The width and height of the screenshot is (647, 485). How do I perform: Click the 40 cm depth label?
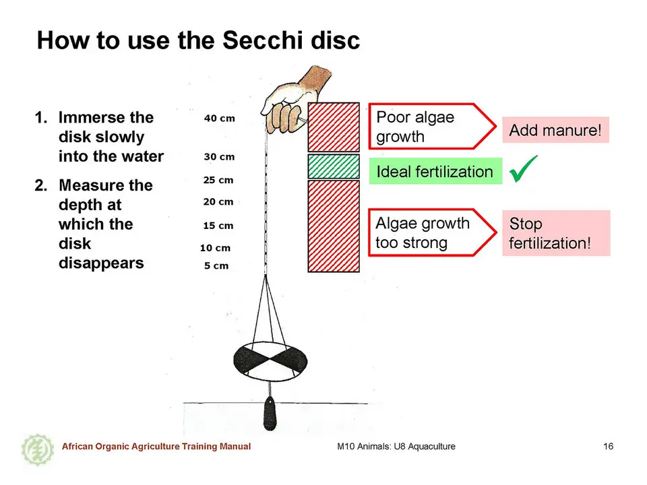(220, 119)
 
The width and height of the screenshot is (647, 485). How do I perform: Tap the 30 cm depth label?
(219, 157)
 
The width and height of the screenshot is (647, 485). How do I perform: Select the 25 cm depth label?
(218, 181)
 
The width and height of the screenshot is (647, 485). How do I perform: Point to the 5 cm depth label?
(216, 265)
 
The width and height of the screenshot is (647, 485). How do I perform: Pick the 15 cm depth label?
(218, 226)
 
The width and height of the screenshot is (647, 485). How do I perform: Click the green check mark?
(524, 168)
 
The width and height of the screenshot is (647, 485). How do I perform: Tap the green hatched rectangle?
(334, 166)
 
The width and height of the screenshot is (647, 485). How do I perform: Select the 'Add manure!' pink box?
(555, 130)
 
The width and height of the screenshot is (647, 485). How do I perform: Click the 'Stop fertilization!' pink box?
(556, 233)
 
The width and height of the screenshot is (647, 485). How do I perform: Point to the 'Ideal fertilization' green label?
(435, 171)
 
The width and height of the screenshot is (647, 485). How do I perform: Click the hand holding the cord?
(295, 101)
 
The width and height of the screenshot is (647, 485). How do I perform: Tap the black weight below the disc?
(270, 414)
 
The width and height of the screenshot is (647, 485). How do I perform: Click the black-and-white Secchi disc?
(270, 361)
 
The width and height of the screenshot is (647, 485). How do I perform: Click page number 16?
(608, 446)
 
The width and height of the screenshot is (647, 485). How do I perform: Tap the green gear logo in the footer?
(38, 450)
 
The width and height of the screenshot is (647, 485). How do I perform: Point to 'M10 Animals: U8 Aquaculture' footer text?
(396, 446)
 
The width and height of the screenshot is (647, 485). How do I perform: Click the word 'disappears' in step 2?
(101, 263)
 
